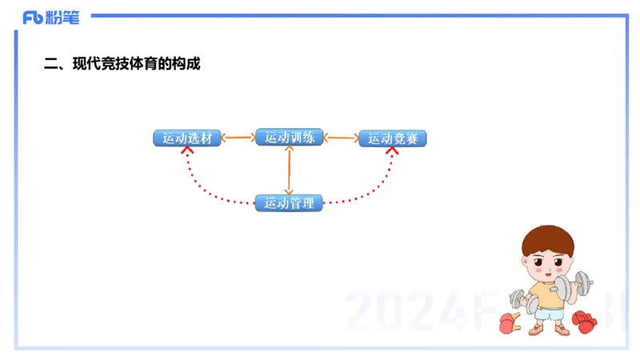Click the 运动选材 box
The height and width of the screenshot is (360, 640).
pyautogui.click(x=186, y=138)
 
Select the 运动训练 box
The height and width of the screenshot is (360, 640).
pyautogui.click(x=289, y=138)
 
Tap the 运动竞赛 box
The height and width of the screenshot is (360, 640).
pyautogui.click(x=392, y=138)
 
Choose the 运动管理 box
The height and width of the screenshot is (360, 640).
pyautogui.click(x=289, y=202)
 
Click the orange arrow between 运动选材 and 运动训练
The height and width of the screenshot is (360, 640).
pyautogui.click(x=238, y=138)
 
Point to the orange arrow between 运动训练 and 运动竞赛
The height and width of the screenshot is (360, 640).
pyautogui.click(x=341, y=138)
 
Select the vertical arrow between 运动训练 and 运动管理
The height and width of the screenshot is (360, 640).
pyautogui.click(x=289, y=170)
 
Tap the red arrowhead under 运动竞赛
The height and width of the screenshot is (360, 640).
pyautogui.click(x=392, y=150)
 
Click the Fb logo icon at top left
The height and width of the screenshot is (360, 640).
pyautogui.click(x=33, y=18)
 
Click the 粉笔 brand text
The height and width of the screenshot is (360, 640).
pyautogui.click(x=62, y=18)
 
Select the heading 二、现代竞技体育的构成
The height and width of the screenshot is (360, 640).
pyautogui.click(x=121, y=64)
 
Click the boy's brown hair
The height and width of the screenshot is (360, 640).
pyautogui.click(x=549, y=239)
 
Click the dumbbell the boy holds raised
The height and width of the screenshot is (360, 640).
pyautogui.click(x=574, y=285)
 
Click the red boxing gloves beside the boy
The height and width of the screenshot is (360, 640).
pyautogui.click(x=583, y=322)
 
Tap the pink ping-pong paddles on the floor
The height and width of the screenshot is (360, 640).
pyautogui.click(x=509, y=323)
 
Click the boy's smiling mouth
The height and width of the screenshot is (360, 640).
pyautogui.click(x=547, y=275)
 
